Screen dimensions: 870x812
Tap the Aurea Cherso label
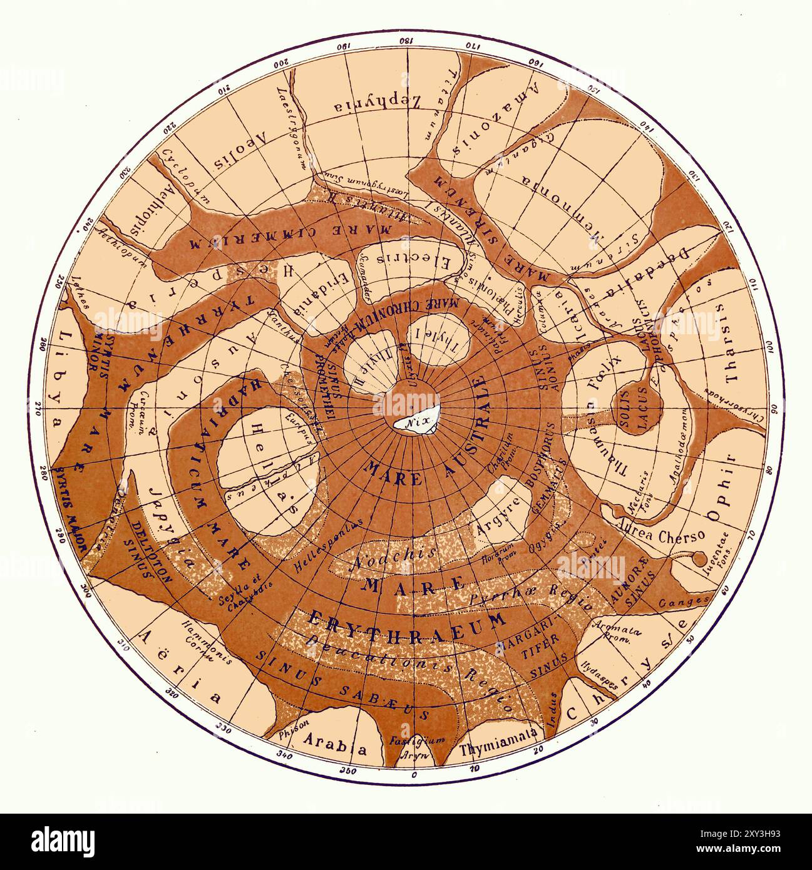click(660, 533)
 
